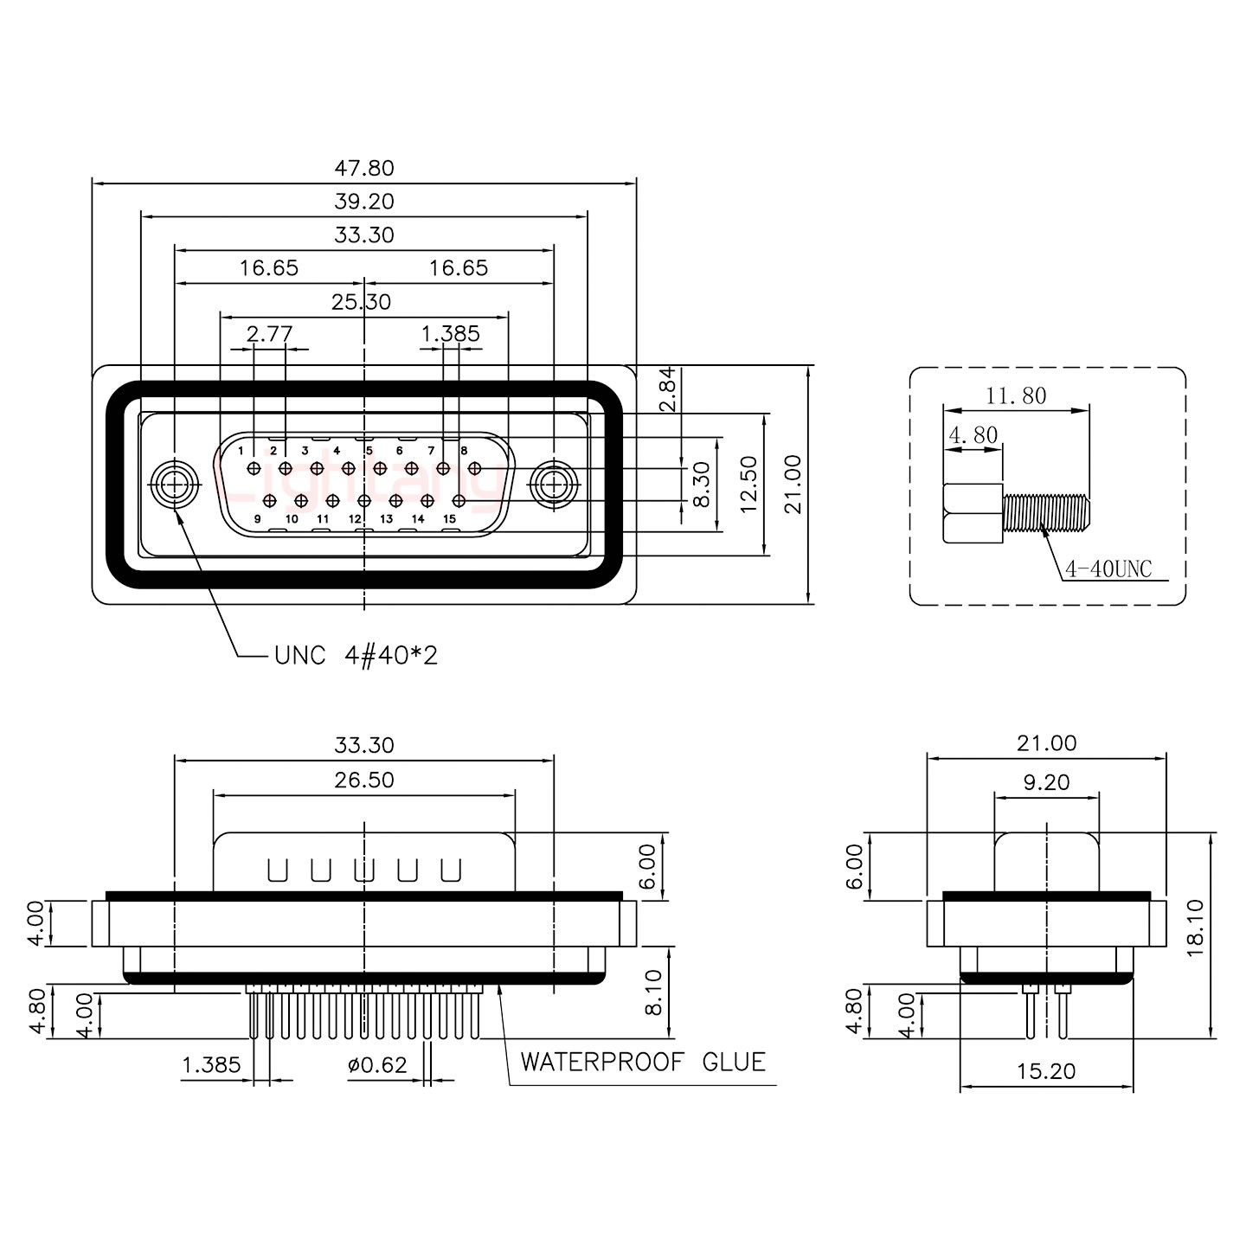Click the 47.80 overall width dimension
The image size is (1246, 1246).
[x=364, y=168]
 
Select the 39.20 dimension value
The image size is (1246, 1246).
[x=364, y=202]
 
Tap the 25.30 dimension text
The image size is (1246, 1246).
[x=361, y=302]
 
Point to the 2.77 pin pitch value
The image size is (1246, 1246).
[x=270, y=334]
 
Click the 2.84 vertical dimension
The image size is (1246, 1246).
[x=667, y=389]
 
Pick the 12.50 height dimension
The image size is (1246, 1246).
[x=748, y=485]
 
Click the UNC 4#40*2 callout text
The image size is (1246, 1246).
[x=356, y=656]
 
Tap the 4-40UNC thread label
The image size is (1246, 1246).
[x=1108, y=569]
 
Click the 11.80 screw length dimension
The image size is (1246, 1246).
[x=1016, y=395]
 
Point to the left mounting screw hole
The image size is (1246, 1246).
[x=174, y=485]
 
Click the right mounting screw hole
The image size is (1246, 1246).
[x=554, y=485]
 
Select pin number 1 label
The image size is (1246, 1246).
[x=241, y=451]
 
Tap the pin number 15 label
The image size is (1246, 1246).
[x=449, y=518]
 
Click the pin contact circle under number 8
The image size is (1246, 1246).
[x=475, y=468]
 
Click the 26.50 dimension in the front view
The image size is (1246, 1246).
[x=364, y=780]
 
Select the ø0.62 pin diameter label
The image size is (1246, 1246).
[x=377, y=1064]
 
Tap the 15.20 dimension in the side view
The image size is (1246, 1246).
[x=1046, y=1070]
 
